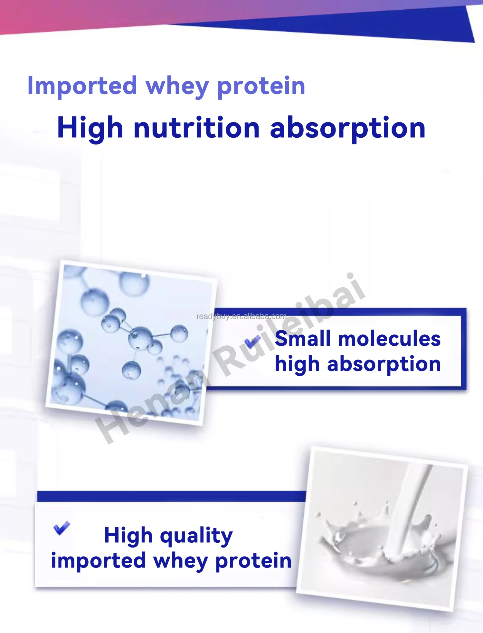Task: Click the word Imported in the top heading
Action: point(82,86)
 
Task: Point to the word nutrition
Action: point(196,128)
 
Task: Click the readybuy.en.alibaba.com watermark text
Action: point(241,316)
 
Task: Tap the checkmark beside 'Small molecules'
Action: point(252,341)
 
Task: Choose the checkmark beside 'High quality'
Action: point(62,528)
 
